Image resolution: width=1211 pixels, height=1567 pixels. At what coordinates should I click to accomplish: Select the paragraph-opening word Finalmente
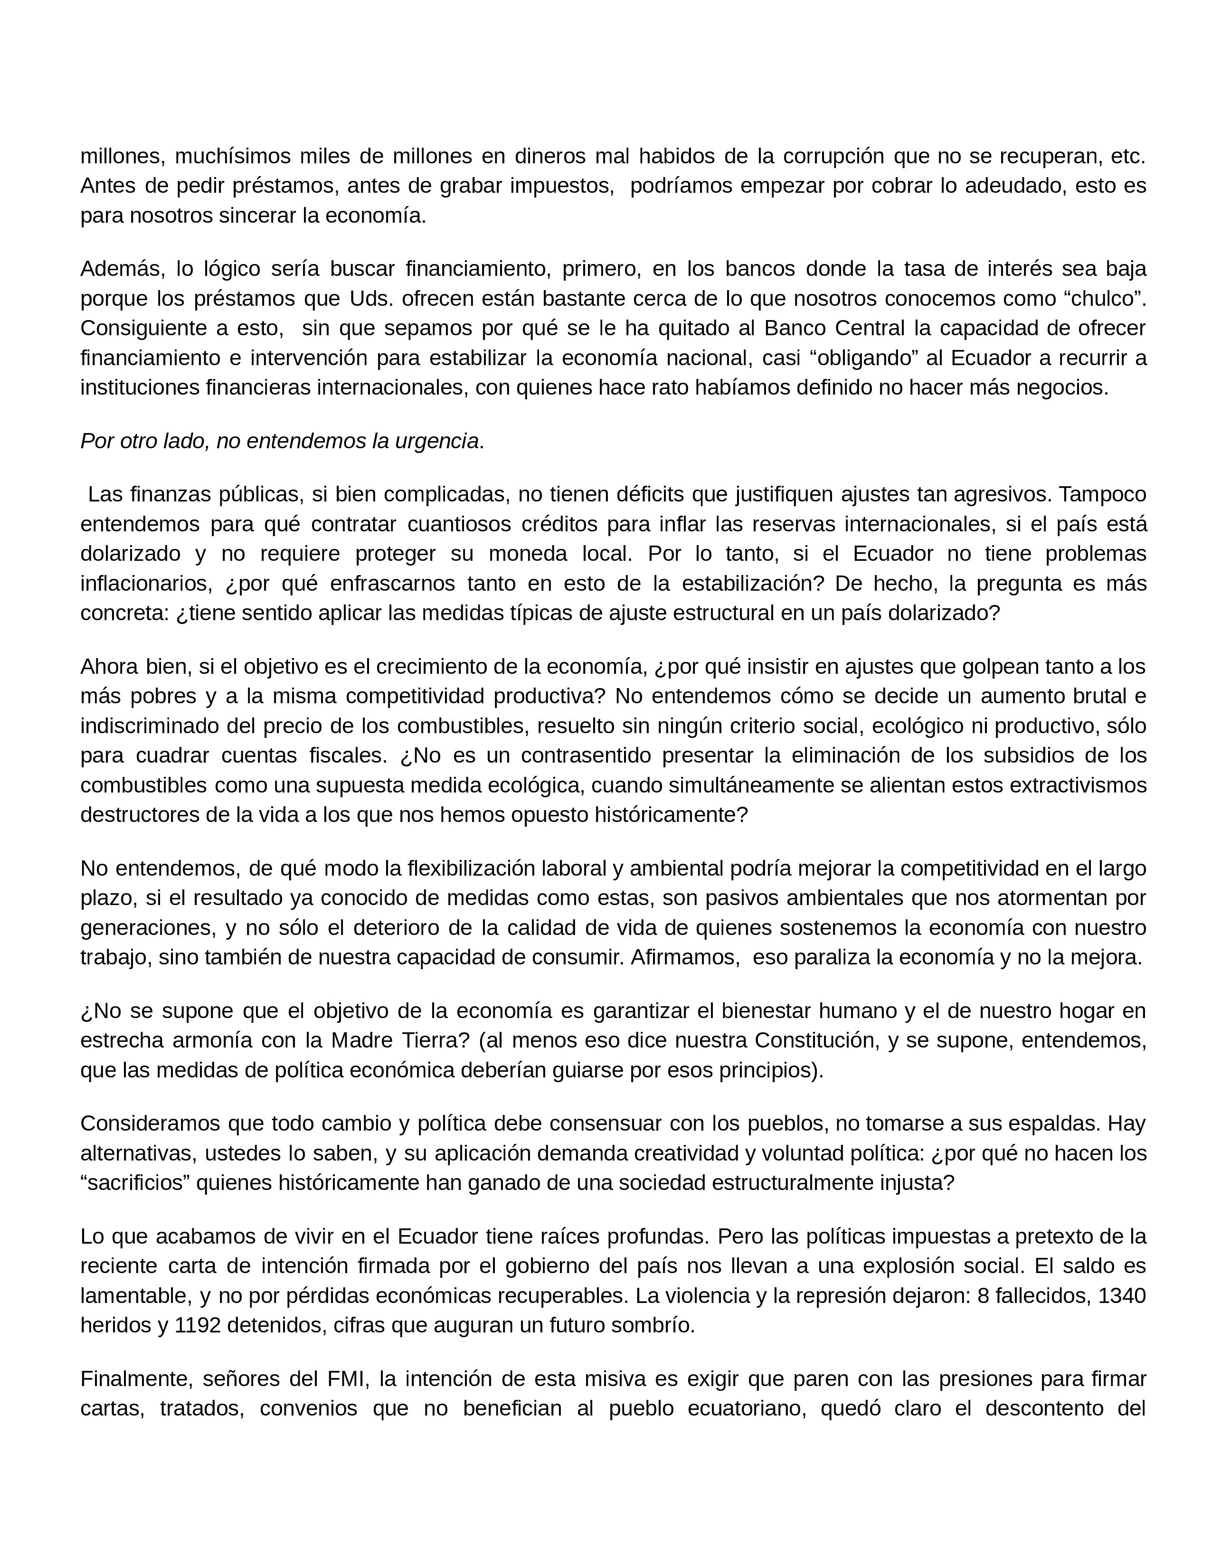136,1378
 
